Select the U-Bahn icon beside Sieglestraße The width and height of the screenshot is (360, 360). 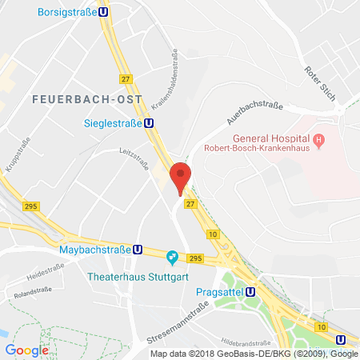click(150, 123)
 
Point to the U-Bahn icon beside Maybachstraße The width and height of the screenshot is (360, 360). click(138, 250)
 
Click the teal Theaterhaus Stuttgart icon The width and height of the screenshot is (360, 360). click(170, 257)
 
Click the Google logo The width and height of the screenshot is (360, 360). click(26, 350)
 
